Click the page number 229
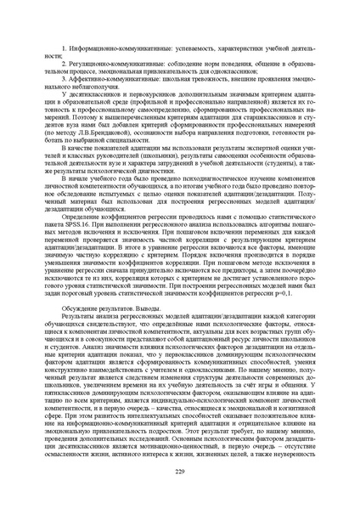[x=180, y=471]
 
